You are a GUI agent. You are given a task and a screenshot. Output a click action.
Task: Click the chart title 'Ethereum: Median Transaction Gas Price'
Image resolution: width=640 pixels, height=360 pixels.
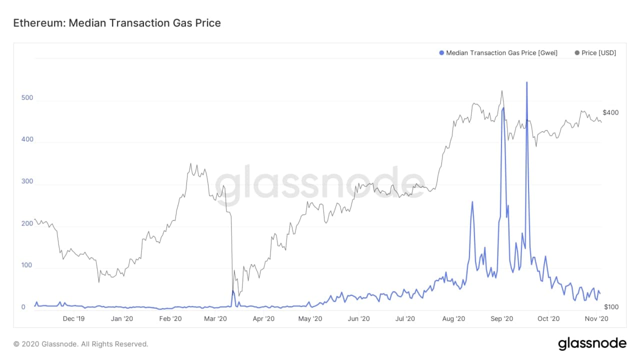[116, 23]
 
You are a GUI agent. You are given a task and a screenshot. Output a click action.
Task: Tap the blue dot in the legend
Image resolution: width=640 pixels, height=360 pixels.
[441, 52]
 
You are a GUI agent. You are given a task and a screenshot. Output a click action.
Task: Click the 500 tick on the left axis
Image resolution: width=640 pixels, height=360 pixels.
[27, 97]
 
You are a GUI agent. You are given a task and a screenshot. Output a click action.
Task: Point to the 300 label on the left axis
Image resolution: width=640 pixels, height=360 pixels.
[27, 181]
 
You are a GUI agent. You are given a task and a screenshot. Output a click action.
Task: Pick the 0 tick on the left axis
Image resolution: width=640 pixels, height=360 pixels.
[23, 307]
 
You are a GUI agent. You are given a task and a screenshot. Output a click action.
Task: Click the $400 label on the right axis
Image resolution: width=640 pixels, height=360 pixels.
[610, 112]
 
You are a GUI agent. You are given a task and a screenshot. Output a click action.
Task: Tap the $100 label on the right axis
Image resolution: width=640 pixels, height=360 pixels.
[610, 306]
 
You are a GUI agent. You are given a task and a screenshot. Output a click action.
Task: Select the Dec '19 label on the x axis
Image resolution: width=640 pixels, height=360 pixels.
[74, 318]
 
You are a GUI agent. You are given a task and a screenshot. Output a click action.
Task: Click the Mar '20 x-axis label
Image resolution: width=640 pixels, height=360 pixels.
[216, 318]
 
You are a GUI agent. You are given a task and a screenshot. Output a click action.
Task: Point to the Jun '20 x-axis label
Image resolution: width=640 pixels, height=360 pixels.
[358, 318]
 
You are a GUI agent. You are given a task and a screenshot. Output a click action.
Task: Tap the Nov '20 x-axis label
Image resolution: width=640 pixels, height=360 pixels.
[596, 318]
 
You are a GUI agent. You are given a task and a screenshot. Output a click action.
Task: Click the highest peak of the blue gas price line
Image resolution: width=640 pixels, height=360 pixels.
[526, 82]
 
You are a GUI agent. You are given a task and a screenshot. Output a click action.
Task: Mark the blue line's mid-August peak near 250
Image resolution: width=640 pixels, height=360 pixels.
[472, 202]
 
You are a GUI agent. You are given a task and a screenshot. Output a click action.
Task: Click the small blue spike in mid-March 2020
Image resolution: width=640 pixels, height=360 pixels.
[233, 291]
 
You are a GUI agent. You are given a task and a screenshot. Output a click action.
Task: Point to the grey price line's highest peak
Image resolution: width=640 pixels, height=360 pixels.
[501, 91]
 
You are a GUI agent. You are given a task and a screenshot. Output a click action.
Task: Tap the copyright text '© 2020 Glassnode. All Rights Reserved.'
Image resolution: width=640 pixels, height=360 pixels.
[81, 344]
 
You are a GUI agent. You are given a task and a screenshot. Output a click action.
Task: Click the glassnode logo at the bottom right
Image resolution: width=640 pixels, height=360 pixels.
[592, 343]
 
